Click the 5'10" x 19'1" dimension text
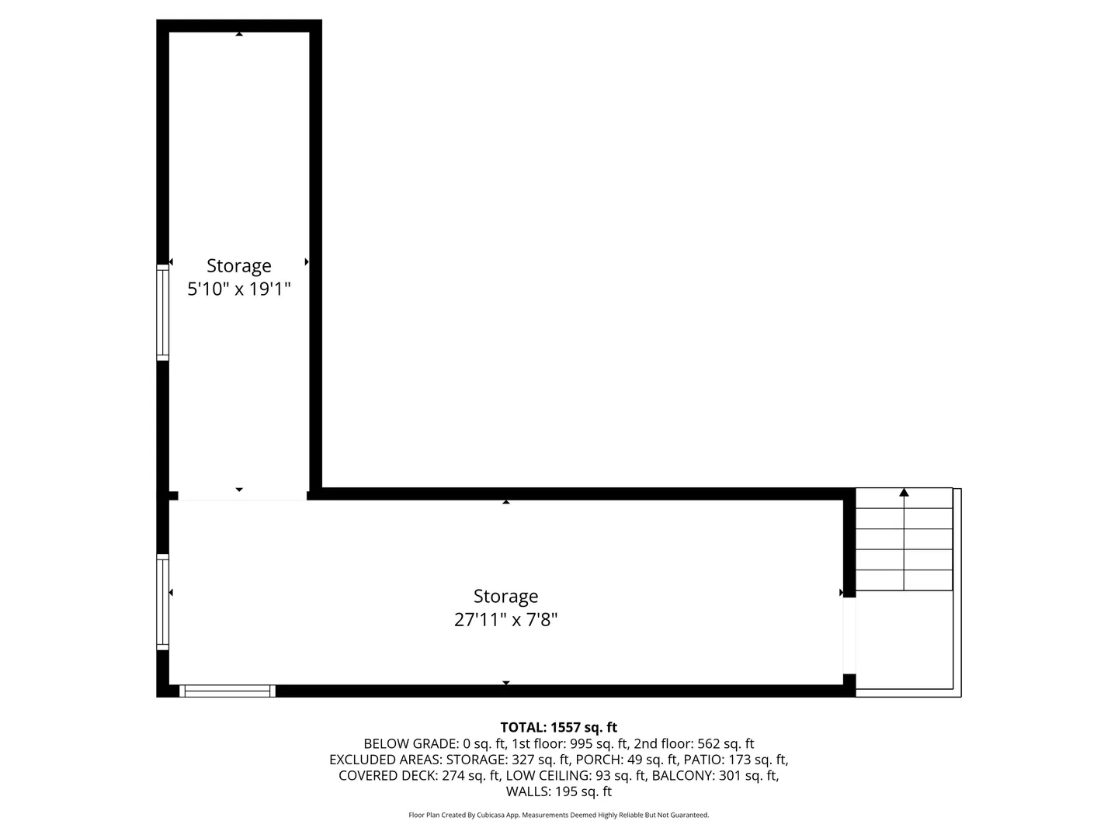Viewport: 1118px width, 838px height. (x=239, y=289)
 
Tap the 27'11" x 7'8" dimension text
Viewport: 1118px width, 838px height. (x=505, y=620)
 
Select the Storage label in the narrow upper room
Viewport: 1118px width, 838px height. (x=239, y=266)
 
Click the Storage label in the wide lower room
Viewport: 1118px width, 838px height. (x=505, y=597)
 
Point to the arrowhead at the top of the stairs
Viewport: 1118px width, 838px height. (x=904, y=492)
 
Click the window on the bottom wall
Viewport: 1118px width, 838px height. (x=227, y=691)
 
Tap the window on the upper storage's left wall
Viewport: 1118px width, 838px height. (x=162, y=313)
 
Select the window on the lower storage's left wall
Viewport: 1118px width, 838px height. (x=162, y=602)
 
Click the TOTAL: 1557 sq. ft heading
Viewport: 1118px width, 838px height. (x=559, y=727)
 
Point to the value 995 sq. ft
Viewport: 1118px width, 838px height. (x=599, y=743)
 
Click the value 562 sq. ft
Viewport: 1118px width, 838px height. (x=726, y=743)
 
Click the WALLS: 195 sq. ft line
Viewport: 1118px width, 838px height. (x=559, y=791)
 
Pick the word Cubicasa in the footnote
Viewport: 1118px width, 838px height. (x=491, y=815)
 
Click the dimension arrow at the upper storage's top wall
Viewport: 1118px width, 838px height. (x=239, y=33)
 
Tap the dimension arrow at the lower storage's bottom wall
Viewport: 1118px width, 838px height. (x=505, y=683)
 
